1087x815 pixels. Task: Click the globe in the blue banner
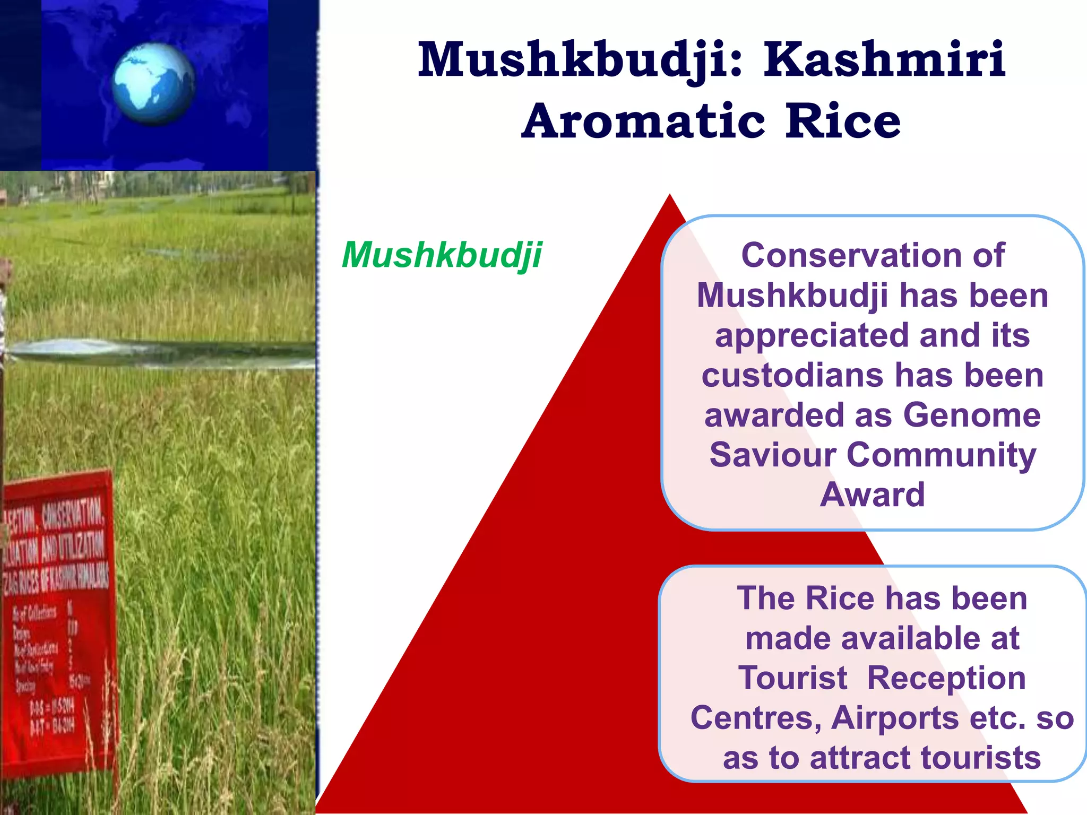point(153,83)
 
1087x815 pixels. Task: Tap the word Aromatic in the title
point(644,122)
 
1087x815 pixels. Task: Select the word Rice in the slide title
point(843,122)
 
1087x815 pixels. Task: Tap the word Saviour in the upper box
point(773,455)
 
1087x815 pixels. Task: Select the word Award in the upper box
point(873,495)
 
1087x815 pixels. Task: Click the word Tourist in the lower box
point(792,678)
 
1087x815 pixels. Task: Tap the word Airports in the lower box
point(895,718)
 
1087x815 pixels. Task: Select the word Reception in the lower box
point(946,678)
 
